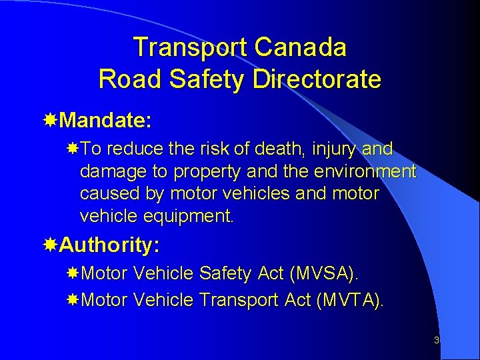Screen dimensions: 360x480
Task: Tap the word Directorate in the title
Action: [x=317, y=79]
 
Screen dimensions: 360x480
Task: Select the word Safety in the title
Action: [x=207, y=79]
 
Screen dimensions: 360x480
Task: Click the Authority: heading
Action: [x=109, y=245]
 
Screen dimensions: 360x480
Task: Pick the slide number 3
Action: [x=436, y=341]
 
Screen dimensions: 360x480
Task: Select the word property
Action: [x=207, y=171]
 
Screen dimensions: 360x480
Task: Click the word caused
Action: [x=105, y=193]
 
